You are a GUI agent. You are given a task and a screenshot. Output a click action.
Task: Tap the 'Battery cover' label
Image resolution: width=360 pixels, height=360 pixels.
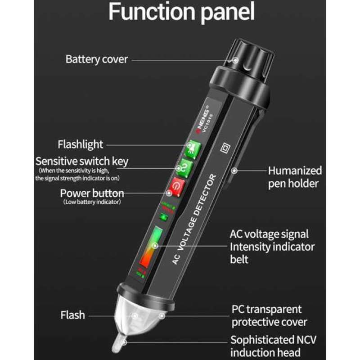coord(97,59)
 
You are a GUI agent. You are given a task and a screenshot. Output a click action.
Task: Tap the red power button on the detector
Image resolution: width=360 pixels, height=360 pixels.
coord(177,187)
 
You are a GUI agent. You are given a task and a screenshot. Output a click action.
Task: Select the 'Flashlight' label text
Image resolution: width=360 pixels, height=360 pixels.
coord(80,144)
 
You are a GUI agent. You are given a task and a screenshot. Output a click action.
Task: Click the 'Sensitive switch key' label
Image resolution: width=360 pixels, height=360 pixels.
coord(82,161)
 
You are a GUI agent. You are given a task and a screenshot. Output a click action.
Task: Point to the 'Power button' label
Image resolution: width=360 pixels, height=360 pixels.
coord(92,193)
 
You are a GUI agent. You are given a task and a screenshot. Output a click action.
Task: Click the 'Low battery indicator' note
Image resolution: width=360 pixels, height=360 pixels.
coord(92,202)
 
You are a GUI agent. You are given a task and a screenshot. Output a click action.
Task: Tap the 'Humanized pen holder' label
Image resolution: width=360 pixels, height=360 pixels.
coord(295,177)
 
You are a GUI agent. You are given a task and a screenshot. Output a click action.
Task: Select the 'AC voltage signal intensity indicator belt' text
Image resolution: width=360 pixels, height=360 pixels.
coord(272,247)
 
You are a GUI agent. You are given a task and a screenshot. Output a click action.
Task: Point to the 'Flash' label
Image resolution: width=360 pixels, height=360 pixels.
coord(72,315)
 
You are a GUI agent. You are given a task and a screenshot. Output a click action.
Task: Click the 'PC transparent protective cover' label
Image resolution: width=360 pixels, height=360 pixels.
coord(269,316)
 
